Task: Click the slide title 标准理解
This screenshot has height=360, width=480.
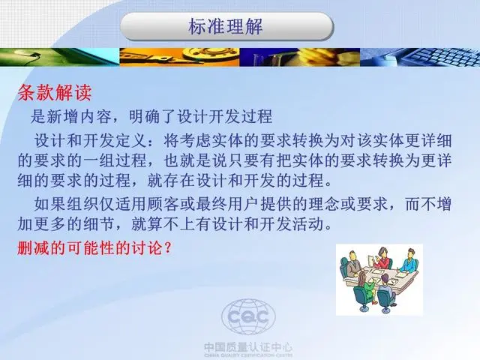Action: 226,26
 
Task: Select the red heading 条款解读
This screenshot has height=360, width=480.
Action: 55,92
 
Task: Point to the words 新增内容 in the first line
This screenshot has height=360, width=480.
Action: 79,117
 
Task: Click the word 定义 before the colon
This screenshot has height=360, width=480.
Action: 131,140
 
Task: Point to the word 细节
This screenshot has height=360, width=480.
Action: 99,224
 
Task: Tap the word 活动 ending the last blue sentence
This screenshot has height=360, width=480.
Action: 308,224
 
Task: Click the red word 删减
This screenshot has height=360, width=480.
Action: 33,247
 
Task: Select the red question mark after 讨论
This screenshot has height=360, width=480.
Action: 167,248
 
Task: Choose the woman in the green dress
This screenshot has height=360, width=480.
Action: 365,286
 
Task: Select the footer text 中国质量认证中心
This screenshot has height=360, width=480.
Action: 248,347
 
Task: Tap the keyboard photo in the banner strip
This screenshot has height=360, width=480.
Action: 420,57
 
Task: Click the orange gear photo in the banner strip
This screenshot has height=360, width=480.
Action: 180,57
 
